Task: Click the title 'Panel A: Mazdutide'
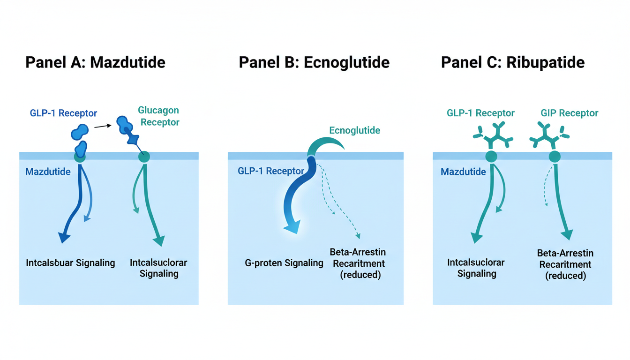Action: [95, 62]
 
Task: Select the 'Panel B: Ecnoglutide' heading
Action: [314, 62]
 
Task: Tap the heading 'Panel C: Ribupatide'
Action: [513, 62]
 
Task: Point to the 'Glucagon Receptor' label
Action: [158, 116]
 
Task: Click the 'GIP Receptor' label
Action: [570, 113]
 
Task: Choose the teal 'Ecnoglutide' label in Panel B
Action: [354, 130]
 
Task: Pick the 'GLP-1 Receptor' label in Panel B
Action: [271, 171]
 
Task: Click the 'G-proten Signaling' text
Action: [284, 263]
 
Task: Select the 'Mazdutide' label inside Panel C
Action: [463, 172]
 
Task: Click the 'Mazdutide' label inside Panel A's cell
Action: [48, 172]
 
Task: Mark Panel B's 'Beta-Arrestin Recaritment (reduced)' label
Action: [360, 263]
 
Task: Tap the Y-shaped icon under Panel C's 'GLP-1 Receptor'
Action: [491, 135]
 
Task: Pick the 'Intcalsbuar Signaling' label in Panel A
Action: [70, 262]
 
